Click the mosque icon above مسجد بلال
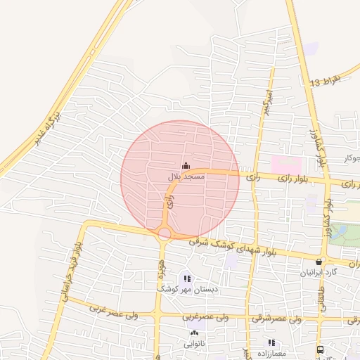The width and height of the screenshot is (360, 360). [186, 166]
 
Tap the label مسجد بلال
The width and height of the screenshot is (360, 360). [186, 176]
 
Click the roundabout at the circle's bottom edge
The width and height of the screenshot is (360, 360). [165, 233]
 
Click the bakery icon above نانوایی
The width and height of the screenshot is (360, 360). [193, 333]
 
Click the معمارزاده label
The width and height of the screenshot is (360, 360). [272, 353]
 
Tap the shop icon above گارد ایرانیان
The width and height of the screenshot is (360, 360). [319, 262]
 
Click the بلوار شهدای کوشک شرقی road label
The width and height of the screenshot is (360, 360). [231, 248]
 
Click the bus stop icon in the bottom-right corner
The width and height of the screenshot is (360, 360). [321, 349]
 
